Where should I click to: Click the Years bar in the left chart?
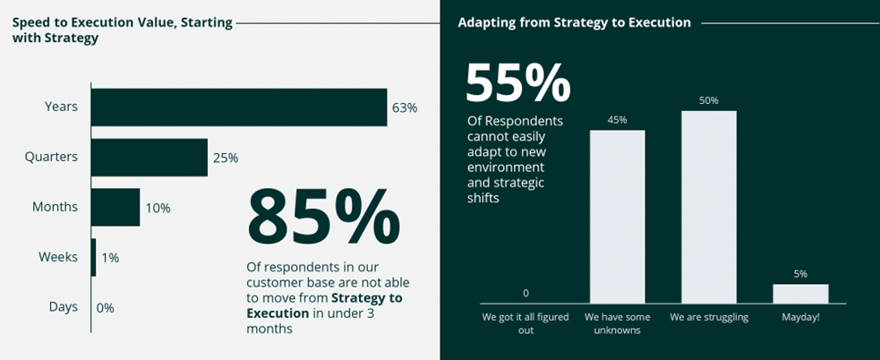[239, 107]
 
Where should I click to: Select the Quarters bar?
[150, 158]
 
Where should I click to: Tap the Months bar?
[115, 207]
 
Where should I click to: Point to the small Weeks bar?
[94, 257]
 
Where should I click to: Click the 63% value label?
[405, 107]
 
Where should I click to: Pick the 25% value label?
[226, 158]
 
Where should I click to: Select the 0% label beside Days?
[105, 308]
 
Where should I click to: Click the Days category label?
[64, 306]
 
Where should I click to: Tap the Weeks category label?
[58, 257]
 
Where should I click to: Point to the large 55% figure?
[518, 83]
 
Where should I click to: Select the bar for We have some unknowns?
[618, 217]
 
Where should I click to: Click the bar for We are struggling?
[709, 207]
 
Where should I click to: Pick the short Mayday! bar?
[800, 294]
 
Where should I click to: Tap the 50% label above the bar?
[709, 100]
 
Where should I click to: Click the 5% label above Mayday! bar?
[800, 274]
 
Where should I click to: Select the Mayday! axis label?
[800, 317]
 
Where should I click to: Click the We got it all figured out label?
[525, 323]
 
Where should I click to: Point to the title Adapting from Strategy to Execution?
[574, 23]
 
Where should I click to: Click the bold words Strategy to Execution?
[324, 305]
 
